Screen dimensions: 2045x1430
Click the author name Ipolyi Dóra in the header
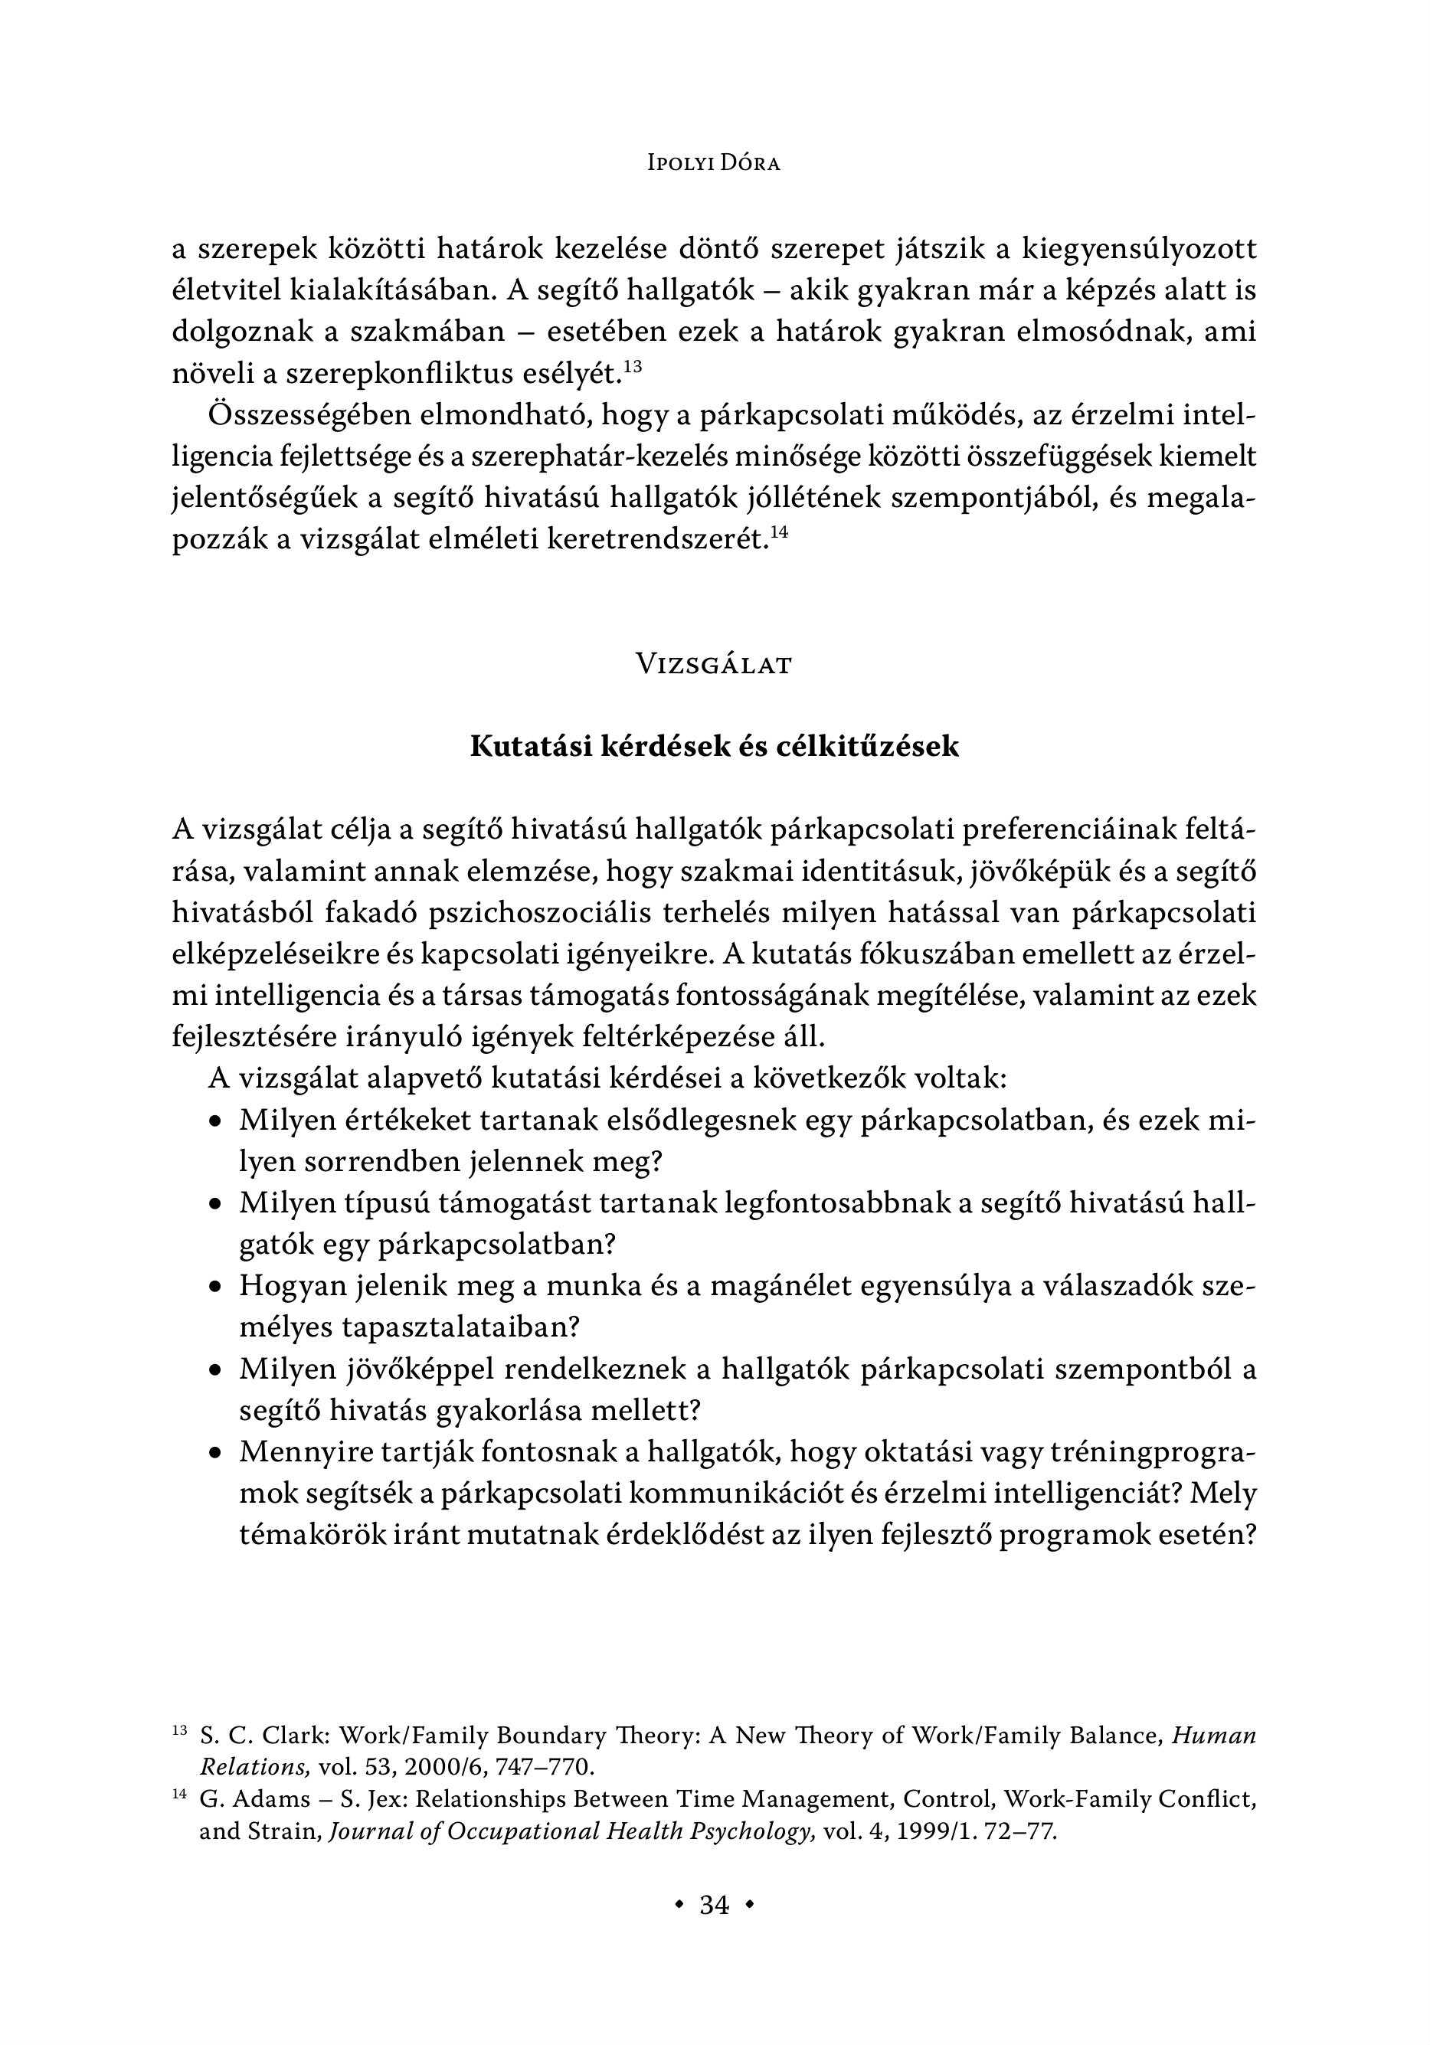tap(714, 164)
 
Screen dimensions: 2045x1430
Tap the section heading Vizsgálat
tap(714, 665)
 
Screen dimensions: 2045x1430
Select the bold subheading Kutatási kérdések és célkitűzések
tap(714, 747)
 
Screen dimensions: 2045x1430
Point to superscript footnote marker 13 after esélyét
tap(633, 365)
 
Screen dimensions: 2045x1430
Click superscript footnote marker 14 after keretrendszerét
tap(780, 532)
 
